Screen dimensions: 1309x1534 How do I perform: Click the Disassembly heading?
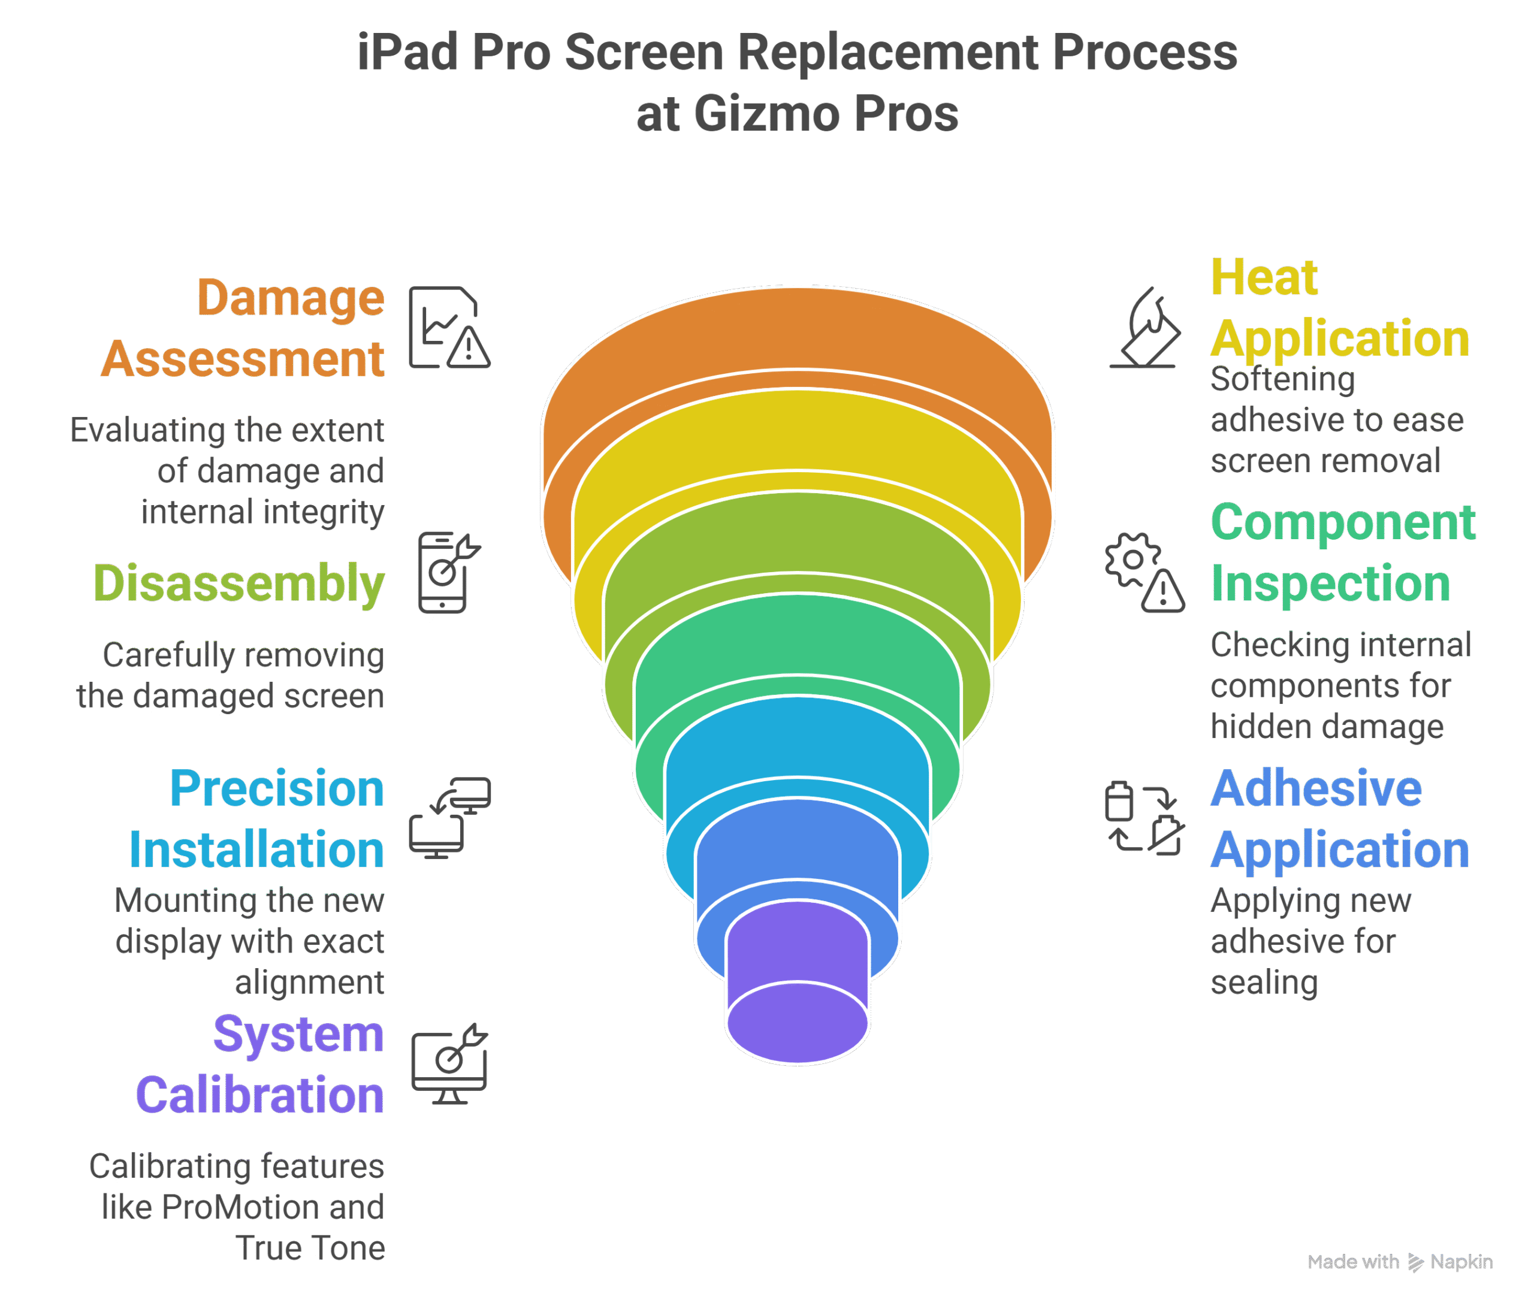(x=238, y=584)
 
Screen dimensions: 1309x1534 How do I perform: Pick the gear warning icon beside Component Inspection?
(x=1144, y=572)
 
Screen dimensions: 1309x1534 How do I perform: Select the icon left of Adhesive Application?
(x=1144, y=818)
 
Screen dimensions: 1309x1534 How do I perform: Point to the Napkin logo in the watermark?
(x=1415, y=1262)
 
